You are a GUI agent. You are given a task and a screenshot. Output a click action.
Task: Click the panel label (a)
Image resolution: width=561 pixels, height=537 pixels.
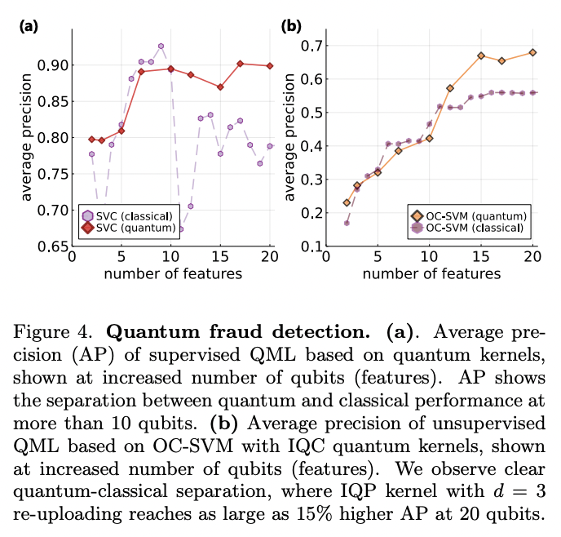pos(29,26)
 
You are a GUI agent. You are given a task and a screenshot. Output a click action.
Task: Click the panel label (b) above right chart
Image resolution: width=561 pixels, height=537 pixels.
pos(291,26)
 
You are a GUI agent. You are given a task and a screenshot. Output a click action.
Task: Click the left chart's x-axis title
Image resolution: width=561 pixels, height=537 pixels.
pos(173,273)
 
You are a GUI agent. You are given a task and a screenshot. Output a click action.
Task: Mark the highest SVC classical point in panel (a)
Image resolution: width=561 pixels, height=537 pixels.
pos(161,47)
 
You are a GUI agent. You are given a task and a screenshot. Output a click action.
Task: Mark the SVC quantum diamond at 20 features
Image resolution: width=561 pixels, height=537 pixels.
pos(270,66)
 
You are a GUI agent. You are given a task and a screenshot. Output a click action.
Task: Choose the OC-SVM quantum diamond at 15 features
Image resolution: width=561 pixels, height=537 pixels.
pos(481,55)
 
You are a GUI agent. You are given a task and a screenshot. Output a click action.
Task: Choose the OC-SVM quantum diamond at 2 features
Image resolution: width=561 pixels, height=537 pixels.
pos(347,202)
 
